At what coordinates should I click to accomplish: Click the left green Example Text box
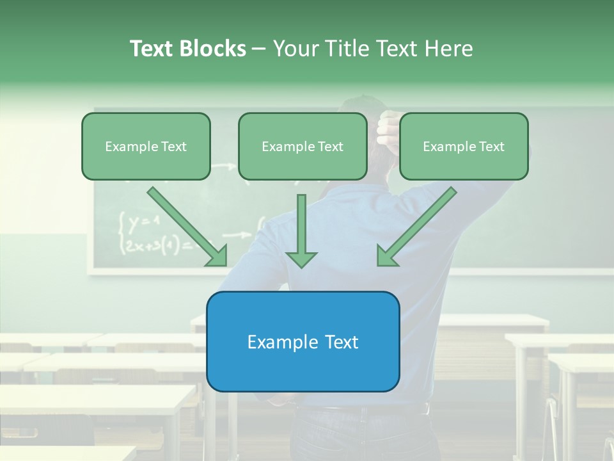pos(146,146)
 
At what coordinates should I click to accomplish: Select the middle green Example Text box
pos(303,146)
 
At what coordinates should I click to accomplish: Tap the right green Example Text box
pos(464,146)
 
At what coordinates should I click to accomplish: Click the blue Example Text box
pos(303,341)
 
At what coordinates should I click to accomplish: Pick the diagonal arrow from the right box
pos(417,226)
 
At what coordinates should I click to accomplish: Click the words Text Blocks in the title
pos(187,49)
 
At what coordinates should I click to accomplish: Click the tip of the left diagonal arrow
pos(225,264)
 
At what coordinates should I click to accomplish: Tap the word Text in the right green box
pos(491,146)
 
